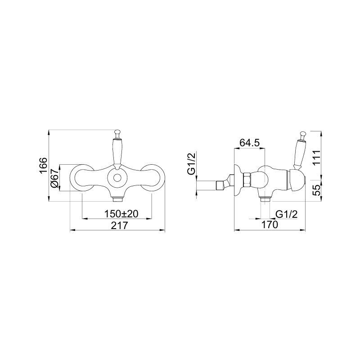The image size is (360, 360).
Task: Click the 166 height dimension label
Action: coord(43,166)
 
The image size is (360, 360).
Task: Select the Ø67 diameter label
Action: coord(54,178)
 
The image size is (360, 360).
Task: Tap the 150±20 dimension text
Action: coord(121,214)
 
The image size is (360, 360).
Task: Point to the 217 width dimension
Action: coord(119,225)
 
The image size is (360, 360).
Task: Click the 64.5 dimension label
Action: coord(250,143)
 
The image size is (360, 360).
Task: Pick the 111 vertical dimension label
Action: coord(316,157)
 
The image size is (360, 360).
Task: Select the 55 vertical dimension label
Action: coord(316,190)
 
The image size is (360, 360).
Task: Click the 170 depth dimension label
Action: coord(270,225)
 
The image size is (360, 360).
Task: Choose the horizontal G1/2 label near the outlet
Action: coord(287,214)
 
